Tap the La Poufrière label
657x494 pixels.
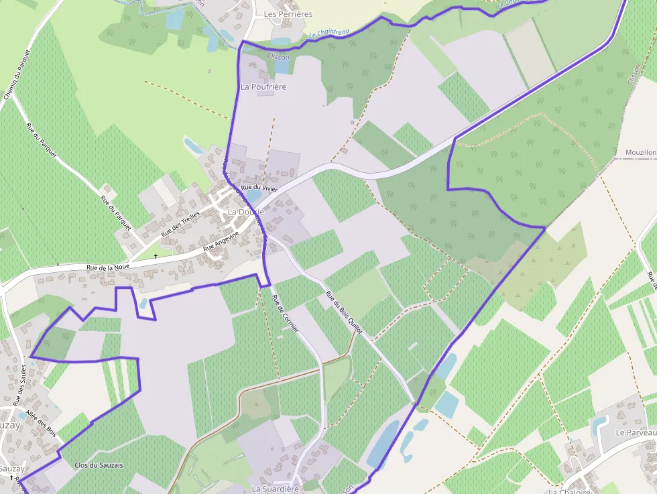263,87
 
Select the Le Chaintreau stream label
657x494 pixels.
327,35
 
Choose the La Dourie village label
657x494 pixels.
246,212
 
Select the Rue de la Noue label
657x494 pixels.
107,267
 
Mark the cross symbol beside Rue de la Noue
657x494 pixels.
156,256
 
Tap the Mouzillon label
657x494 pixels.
640,153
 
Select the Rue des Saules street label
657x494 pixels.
20,385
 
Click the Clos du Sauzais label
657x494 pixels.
99,465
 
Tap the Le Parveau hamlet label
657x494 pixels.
636,433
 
